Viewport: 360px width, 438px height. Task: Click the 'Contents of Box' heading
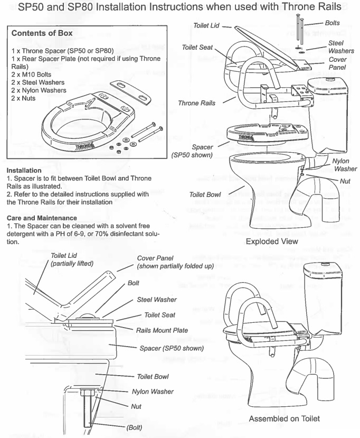[x=42, y=33]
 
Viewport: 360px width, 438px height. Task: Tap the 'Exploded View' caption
[x=272, y=241]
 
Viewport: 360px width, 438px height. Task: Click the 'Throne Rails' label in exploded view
[x=197, y=103]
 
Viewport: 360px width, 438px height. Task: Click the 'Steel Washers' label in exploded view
[x=336, y=47]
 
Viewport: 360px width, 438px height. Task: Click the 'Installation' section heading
[x=24, y=171]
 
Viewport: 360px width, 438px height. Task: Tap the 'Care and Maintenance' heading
[x=40, y=218]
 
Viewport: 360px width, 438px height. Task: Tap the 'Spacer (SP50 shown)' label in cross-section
[x=172, y=348]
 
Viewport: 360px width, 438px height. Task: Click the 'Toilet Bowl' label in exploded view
[x=205, y=195]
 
